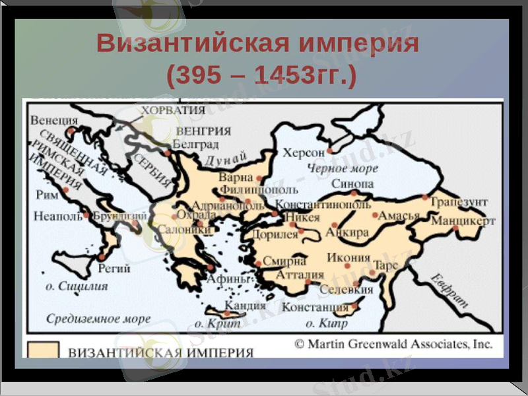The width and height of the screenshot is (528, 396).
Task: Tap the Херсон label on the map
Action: tap(304, 153)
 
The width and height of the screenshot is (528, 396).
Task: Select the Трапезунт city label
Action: tap(460, 201)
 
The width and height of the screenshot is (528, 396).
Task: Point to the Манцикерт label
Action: tap(463, 221)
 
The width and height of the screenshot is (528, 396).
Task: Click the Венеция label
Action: tap(53, 121)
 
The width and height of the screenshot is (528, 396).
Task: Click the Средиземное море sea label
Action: tap(98, 319)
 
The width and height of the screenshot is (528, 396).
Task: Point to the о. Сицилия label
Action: tap(77, 287)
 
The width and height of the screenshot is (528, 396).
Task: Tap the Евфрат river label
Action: tap(450, 291)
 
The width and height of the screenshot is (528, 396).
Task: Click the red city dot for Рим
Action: tap(66, 190)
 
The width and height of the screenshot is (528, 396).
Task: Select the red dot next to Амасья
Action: tap(376, 215)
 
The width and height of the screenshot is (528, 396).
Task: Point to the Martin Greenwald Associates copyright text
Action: tap(393, 344)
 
